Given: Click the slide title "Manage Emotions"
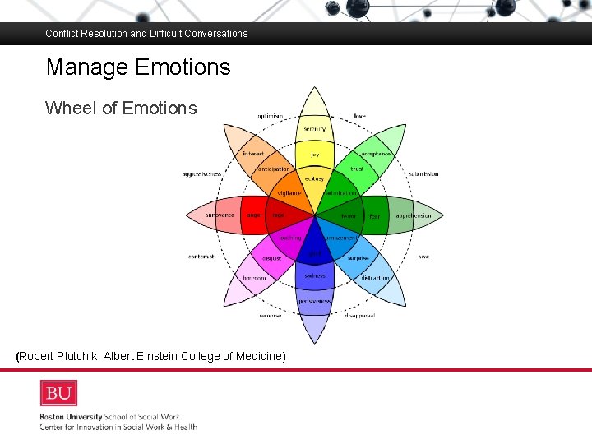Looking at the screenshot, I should (138, 67).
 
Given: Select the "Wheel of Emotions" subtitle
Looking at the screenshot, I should (121, 108).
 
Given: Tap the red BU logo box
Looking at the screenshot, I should (58, 393).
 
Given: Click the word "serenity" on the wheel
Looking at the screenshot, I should (314, 129).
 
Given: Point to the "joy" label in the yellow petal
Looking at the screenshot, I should (314, 154).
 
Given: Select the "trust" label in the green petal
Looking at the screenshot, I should (357, 169).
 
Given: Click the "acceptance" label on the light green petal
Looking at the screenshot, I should (376, 154).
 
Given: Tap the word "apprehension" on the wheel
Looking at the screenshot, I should (413, 216).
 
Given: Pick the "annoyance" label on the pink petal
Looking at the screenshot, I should (220, 215).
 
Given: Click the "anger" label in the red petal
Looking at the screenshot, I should (255, 215).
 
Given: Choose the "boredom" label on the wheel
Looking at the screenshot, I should (253, 278).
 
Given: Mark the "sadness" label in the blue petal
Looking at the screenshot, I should (314, 276).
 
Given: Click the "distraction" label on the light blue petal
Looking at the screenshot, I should (375, 278).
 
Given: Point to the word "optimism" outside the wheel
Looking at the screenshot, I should (270, 116).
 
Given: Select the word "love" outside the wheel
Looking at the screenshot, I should (360, 116).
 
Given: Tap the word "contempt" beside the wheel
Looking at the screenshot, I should (201, 257).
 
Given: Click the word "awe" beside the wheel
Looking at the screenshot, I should (423, 257).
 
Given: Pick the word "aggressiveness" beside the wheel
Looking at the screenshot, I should (202, 174).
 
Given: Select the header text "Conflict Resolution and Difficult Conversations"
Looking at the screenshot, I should (146, 34).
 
